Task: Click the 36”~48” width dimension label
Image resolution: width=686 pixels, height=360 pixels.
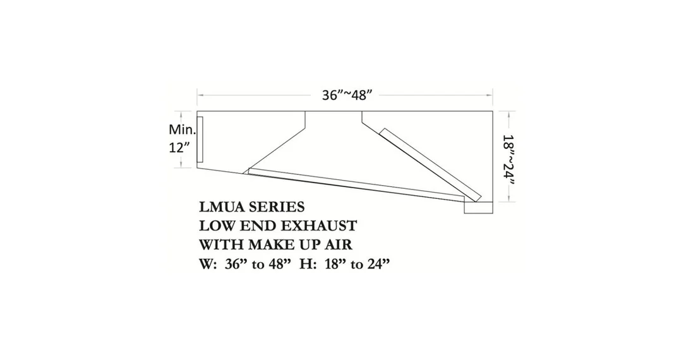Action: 347,95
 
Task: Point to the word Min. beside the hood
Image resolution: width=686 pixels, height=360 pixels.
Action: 182,129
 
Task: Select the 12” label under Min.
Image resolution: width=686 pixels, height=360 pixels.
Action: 179,147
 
